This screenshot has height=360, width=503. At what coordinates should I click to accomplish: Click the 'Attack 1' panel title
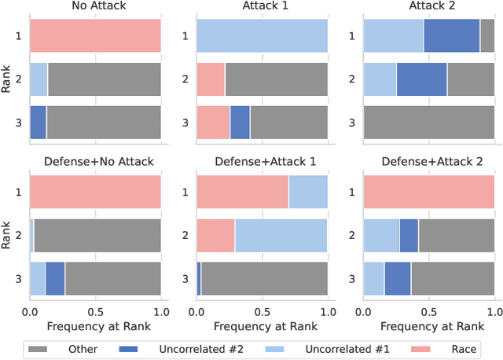click(x=262, y=6)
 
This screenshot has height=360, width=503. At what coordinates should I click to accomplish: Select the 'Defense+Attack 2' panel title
click(x=429, y=162)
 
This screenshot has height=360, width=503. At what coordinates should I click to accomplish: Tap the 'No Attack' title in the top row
click(x=95, y=6)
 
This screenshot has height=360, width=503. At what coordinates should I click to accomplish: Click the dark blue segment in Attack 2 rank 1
click(x=451, y=36)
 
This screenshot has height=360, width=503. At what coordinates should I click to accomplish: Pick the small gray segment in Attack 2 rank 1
click(x=487, y=36)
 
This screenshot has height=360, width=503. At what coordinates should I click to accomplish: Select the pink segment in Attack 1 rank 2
click(x=211, y=79)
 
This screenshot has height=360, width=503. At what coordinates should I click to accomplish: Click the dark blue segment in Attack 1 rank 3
click(x=240, y=122)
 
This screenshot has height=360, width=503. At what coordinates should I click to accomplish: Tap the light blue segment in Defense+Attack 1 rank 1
click(x=308, y=192)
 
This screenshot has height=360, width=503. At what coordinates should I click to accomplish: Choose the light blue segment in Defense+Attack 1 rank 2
click(x=281, y=235)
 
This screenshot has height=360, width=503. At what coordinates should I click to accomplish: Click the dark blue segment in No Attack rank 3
click(x=38, y=122)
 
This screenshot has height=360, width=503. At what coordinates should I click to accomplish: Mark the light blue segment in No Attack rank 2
click(x=39, y=79)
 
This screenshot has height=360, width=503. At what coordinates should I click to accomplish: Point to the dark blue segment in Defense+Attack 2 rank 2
click(x=409, y=235)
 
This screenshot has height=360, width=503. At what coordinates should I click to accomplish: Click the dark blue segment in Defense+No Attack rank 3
click(x=55, y=277)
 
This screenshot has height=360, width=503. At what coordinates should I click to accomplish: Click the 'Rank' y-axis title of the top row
click(x=7, y=79)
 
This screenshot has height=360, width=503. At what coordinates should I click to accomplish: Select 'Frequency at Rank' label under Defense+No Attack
click(x=95, y=325)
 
